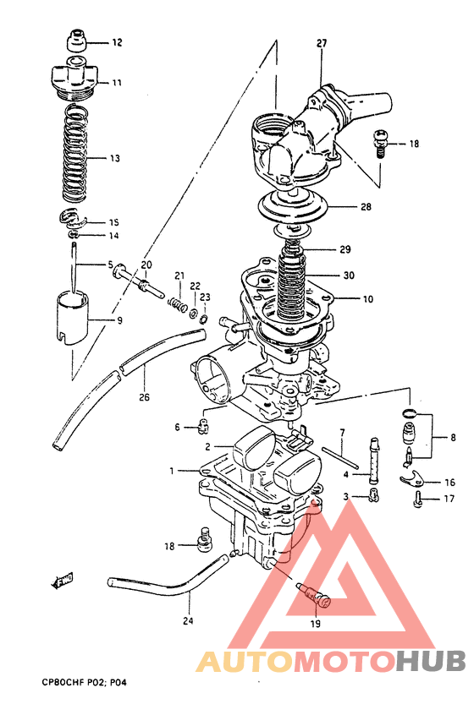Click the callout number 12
(117, 41)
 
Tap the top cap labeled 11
(75, 77)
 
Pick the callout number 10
(367, 299)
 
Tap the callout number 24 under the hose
(188, 620)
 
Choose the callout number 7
(341, 433)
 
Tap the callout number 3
(345, 496)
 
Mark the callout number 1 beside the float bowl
(172, 470)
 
